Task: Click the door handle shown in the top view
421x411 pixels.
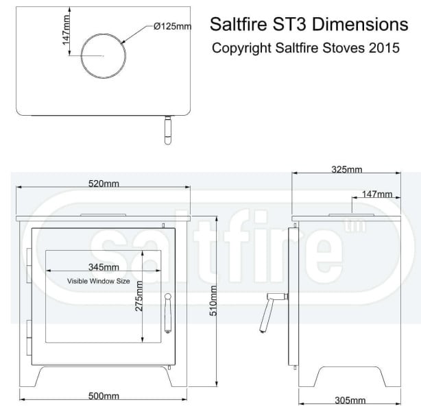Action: tap(166, 130)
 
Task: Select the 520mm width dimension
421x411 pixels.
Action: tap(104, 184)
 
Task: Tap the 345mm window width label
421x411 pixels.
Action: tap(104, 267)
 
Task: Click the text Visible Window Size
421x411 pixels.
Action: tap(98, 281)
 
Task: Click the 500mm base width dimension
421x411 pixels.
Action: tap(104, 396)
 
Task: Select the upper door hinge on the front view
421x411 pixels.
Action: tap(28, 264)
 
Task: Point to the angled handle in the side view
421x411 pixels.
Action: tap(269, 312)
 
